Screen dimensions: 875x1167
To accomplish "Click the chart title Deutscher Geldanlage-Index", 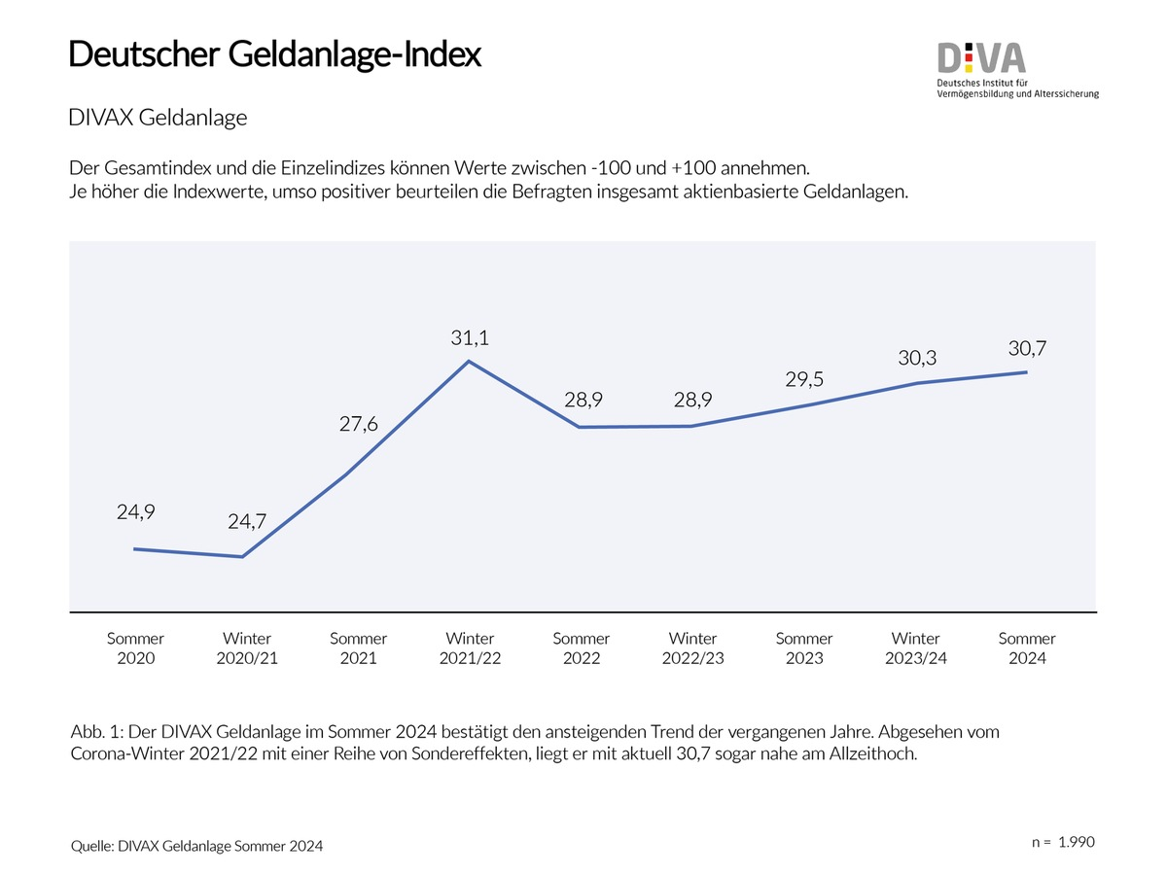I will [x=274, y=54].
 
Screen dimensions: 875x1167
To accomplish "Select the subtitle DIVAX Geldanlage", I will [x=158, y=118].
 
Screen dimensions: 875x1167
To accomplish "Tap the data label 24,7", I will [x=247, y=522].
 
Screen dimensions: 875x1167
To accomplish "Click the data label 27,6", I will [x=358, y=425].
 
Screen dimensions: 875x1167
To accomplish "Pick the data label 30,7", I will [x=1027, y=347].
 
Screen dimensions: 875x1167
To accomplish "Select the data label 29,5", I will [x=804, y=379].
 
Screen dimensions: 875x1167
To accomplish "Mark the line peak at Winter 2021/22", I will [x=470, y=362].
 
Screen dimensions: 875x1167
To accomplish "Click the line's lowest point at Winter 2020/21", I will [x=242, y=557].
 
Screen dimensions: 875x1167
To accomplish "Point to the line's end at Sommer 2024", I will [x=1027, y=372].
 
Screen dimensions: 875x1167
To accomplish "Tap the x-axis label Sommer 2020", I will [x=135, y=648].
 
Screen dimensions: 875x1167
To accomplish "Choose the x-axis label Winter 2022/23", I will [x=692, y=648].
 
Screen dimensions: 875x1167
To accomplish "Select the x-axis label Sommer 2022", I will [x=582, y=648].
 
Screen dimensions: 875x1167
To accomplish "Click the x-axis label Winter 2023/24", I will [x=916, y=648].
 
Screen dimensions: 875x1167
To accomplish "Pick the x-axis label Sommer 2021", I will [x=358, y=648].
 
